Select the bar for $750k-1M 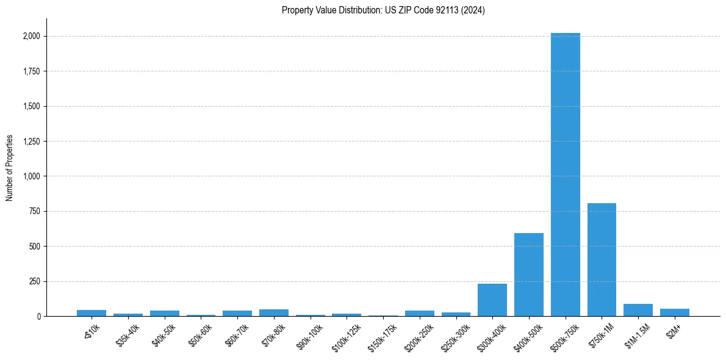[602, 260]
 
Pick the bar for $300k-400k [492, 300]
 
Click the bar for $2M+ [674, 312]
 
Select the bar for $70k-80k [274, 313]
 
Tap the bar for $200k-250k [420, 314]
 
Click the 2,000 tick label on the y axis [30, 36]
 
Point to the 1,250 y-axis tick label [30, 142]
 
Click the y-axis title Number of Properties [10, 168]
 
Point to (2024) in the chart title [473, 10]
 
